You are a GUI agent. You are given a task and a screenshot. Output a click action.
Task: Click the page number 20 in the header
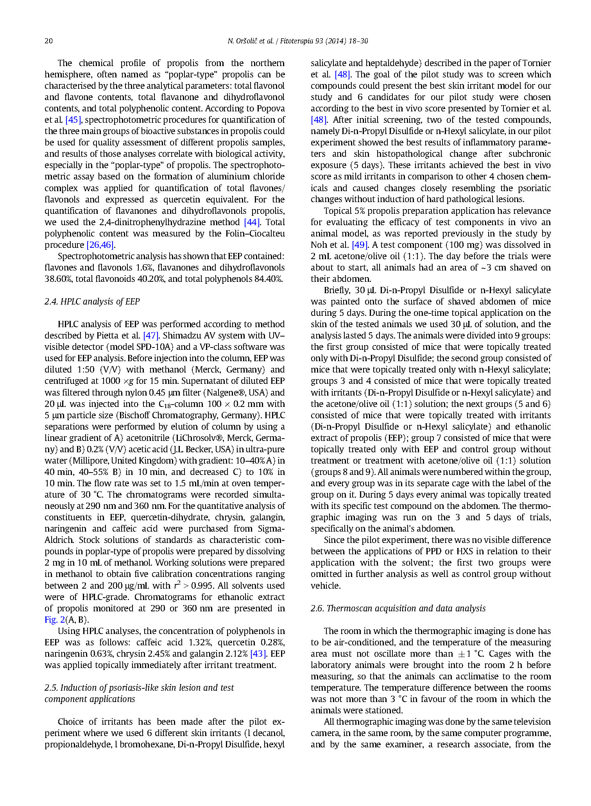coord(48,41)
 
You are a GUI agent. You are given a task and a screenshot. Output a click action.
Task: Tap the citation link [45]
coord(73,120)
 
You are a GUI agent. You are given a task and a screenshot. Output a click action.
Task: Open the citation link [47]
coord(151,336)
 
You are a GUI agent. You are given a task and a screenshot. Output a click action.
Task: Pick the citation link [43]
coord(258,654)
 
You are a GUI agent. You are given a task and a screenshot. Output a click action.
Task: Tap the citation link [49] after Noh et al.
coord(360,245)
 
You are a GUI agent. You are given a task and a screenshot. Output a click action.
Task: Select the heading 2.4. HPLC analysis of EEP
coord(92,301)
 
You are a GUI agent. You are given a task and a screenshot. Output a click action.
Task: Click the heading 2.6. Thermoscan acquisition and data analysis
coord(398,608)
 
